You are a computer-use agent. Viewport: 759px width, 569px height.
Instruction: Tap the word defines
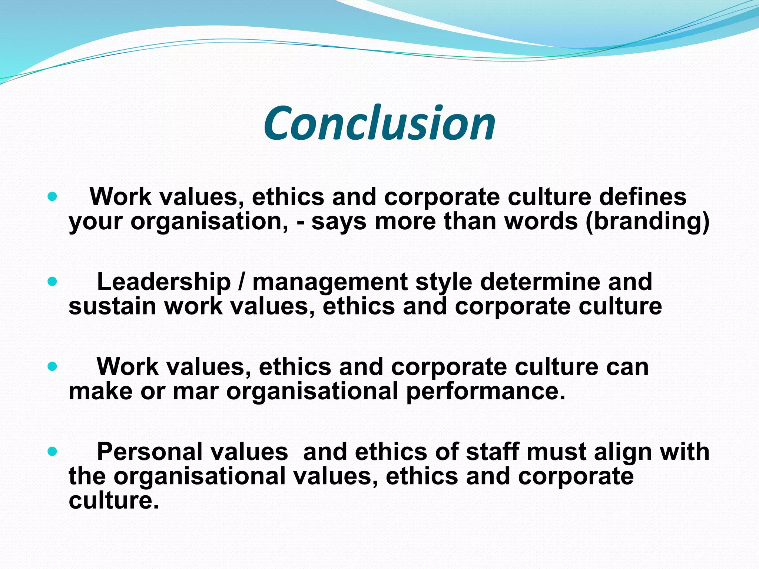pyautogui.click(x=643, y=196)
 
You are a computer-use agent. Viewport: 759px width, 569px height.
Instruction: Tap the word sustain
pyautogui.click(x=112, y=307)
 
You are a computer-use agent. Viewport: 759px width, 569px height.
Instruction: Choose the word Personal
pyautogui.click(x=192, y=452)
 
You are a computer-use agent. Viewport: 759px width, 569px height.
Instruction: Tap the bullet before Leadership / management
pyautogui.click(x=53, y=282)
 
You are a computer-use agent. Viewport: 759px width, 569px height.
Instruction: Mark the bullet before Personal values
pyautogui.click(x=53, y=452)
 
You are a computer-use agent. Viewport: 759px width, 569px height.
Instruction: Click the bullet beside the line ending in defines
pyautogui.click(x=53, y=196)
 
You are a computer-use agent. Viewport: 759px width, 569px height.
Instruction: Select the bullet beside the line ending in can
pyautogui.click(x=53, y=366)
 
